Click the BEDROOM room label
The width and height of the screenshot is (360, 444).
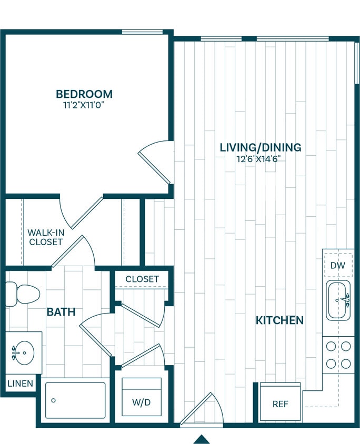point(84,94)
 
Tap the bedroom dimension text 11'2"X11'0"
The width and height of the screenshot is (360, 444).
point(84,105)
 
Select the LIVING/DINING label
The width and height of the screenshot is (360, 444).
point(261,147)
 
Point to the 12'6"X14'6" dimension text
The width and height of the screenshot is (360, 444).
point(261,158)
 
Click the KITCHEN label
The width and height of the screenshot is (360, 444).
point(279,320)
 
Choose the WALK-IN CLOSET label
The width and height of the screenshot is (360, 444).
point(45,237)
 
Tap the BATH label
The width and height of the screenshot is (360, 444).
point(61,312)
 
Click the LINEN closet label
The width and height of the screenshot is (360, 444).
point(21,384)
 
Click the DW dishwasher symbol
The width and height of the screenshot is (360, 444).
point(338,266)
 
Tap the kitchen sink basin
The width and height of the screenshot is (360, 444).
point(338,301)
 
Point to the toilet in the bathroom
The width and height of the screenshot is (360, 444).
point(23,293)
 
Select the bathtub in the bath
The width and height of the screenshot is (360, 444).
point(75,400)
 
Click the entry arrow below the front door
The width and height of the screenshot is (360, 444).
point(202,439)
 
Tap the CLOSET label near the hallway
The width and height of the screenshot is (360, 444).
point(142,279)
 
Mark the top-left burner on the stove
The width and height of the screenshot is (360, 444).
point(331,346)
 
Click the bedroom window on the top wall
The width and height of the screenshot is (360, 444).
point(142,32)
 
